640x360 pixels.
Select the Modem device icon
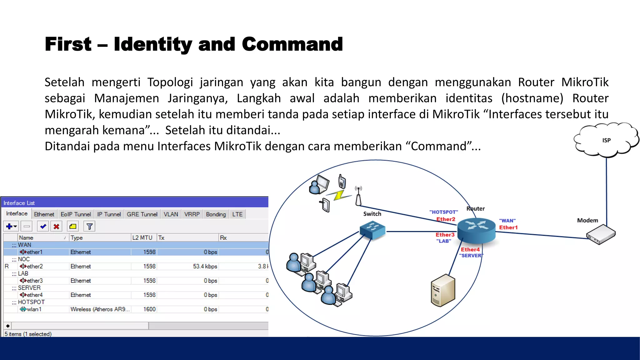pyautogui.click(x=601, y=235)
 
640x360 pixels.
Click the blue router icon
pyautogui.click(x=476, y=230)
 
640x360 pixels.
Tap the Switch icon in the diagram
pyautogui.click(x=372, y=230)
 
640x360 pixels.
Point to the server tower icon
pyautogui.click(x=443, y=291)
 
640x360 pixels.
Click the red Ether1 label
pyautogui.click(x=508, y=227)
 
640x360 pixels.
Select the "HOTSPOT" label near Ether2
pyautogui.click(x=443, y=212)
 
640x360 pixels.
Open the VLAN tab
pyautogui.click(x=171, y=214)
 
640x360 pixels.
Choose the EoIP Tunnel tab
pyautogui.click(x=76, y=214)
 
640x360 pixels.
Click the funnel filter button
pyautogui.click(x=89, y=226)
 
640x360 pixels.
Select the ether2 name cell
pyautogui.click(x=35, y=266)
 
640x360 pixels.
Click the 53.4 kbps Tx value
pyautogui.click(x=205, y=266)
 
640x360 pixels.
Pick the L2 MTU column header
pyautogui.click(x=142, y=238)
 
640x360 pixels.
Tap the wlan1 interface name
pyautogui.click(x=34, y=309)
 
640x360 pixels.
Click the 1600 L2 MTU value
pyautogui.click(x=149, y=309)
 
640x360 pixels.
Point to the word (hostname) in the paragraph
pyautogui.click(x=532, y=98)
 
